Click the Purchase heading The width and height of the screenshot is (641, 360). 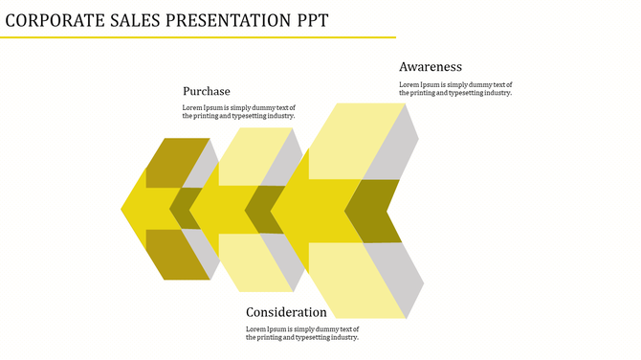[207, 91]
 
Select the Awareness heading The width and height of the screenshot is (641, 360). [431, 67]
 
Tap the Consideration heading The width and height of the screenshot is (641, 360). [286, 312]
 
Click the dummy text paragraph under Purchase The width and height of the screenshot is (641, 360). [239, 112]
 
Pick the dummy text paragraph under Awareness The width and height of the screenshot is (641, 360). [455, 88]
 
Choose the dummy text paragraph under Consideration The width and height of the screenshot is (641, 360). [302, 333]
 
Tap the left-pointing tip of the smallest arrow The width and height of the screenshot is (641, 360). [125, 209]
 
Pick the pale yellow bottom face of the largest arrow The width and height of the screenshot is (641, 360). [354, 280]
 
